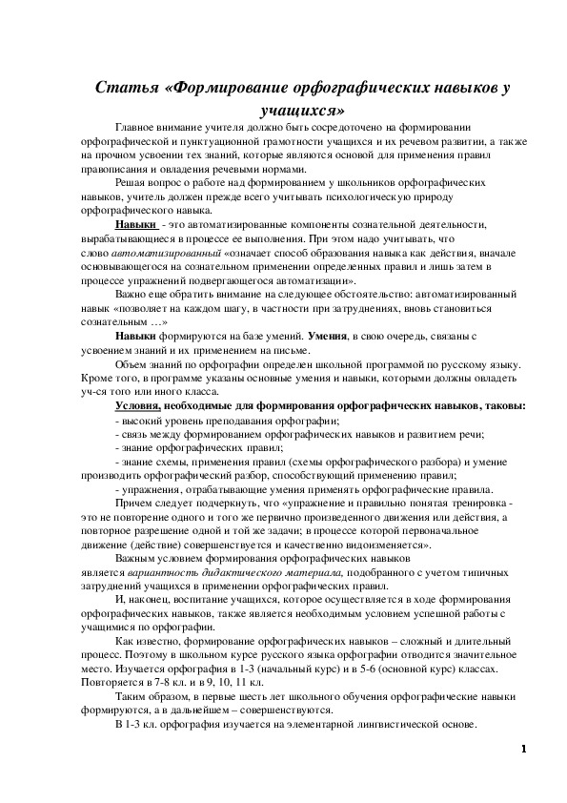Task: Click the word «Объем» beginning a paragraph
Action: (x=131, y=365)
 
